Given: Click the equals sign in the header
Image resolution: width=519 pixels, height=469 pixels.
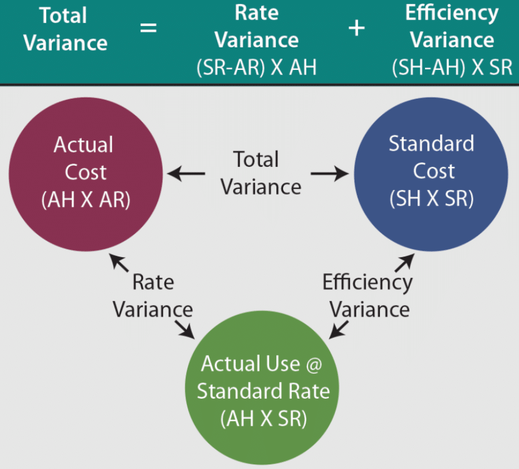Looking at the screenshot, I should coord(148,27).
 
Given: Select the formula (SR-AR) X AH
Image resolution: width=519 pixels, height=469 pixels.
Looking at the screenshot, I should coord(257,67).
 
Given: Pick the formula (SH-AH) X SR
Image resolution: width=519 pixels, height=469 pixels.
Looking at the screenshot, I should coord(452,67).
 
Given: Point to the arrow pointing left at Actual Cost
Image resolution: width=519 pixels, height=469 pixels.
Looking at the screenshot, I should coord(186,173).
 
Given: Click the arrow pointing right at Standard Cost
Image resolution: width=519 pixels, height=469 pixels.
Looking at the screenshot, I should coord(330,173).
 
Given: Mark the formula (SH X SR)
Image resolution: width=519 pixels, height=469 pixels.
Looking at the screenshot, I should coord(431,199).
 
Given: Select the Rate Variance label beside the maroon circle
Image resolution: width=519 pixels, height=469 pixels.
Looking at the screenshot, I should coord(152,296).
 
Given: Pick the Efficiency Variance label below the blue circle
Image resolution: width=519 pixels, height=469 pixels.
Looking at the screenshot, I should coord(368,296).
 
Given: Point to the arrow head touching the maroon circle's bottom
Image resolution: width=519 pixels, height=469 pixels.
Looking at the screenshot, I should coord(118,261).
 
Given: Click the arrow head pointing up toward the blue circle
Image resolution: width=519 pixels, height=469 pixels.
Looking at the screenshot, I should coord(405,260).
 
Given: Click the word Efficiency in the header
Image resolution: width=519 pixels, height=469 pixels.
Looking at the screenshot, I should coord(452,13).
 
